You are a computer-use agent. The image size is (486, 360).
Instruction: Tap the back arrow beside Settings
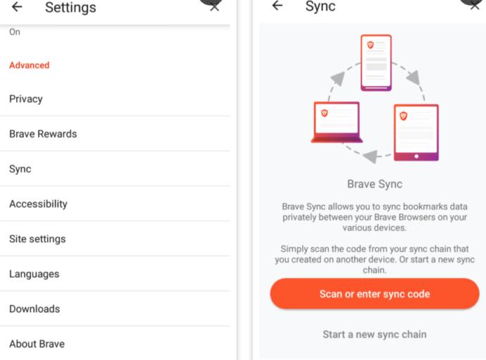tap(17, 6)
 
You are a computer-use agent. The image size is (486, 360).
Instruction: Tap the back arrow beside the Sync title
tap(277, 5)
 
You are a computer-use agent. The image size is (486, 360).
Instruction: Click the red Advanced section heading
tap(29, 65)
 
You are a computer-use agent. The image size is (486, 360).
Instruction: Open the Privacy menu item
tap(26, 99)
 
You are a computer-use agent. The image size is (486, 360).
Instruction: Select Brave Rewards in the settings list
tap(43, 134)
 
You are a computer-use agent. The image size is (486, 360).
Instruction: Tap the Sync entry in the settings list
tap(20, 169)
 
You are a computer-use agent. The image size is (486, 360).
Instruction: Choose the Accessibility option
tap(38, 204)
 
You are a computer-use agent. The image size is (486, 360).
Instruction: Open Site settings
tap(37, 239)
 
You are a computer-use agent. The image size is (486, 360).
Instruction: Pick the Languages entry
tap(34, 274)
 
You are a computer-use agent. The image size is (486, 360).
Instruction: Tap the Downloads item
tap(35, 309)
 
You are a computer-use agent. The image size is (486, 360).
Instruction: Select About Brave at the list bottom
tap(37, 344)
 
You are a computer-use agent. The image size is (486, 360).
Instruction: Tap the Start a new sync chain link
tap(375, 334)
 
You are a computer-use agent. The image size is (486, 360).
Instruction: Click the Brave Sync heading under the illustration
tap(375, 184)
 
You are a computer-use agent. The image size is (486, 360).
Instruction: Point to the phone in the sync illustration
tap(376, 63)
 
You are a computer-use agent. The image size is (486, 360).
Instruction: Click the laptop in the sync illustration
tap(337, 122)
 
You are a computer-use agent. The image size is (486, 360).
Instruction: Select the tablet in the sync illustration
tap(416, 132)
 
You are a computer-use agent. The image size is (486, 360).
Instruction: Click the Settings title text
tap(70, 8)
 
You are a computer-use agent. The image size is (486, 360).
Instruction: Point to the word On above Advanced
tap(15, 32)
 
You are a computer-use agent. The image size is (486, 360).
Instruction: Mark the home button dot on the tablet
tap(416, 156)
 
